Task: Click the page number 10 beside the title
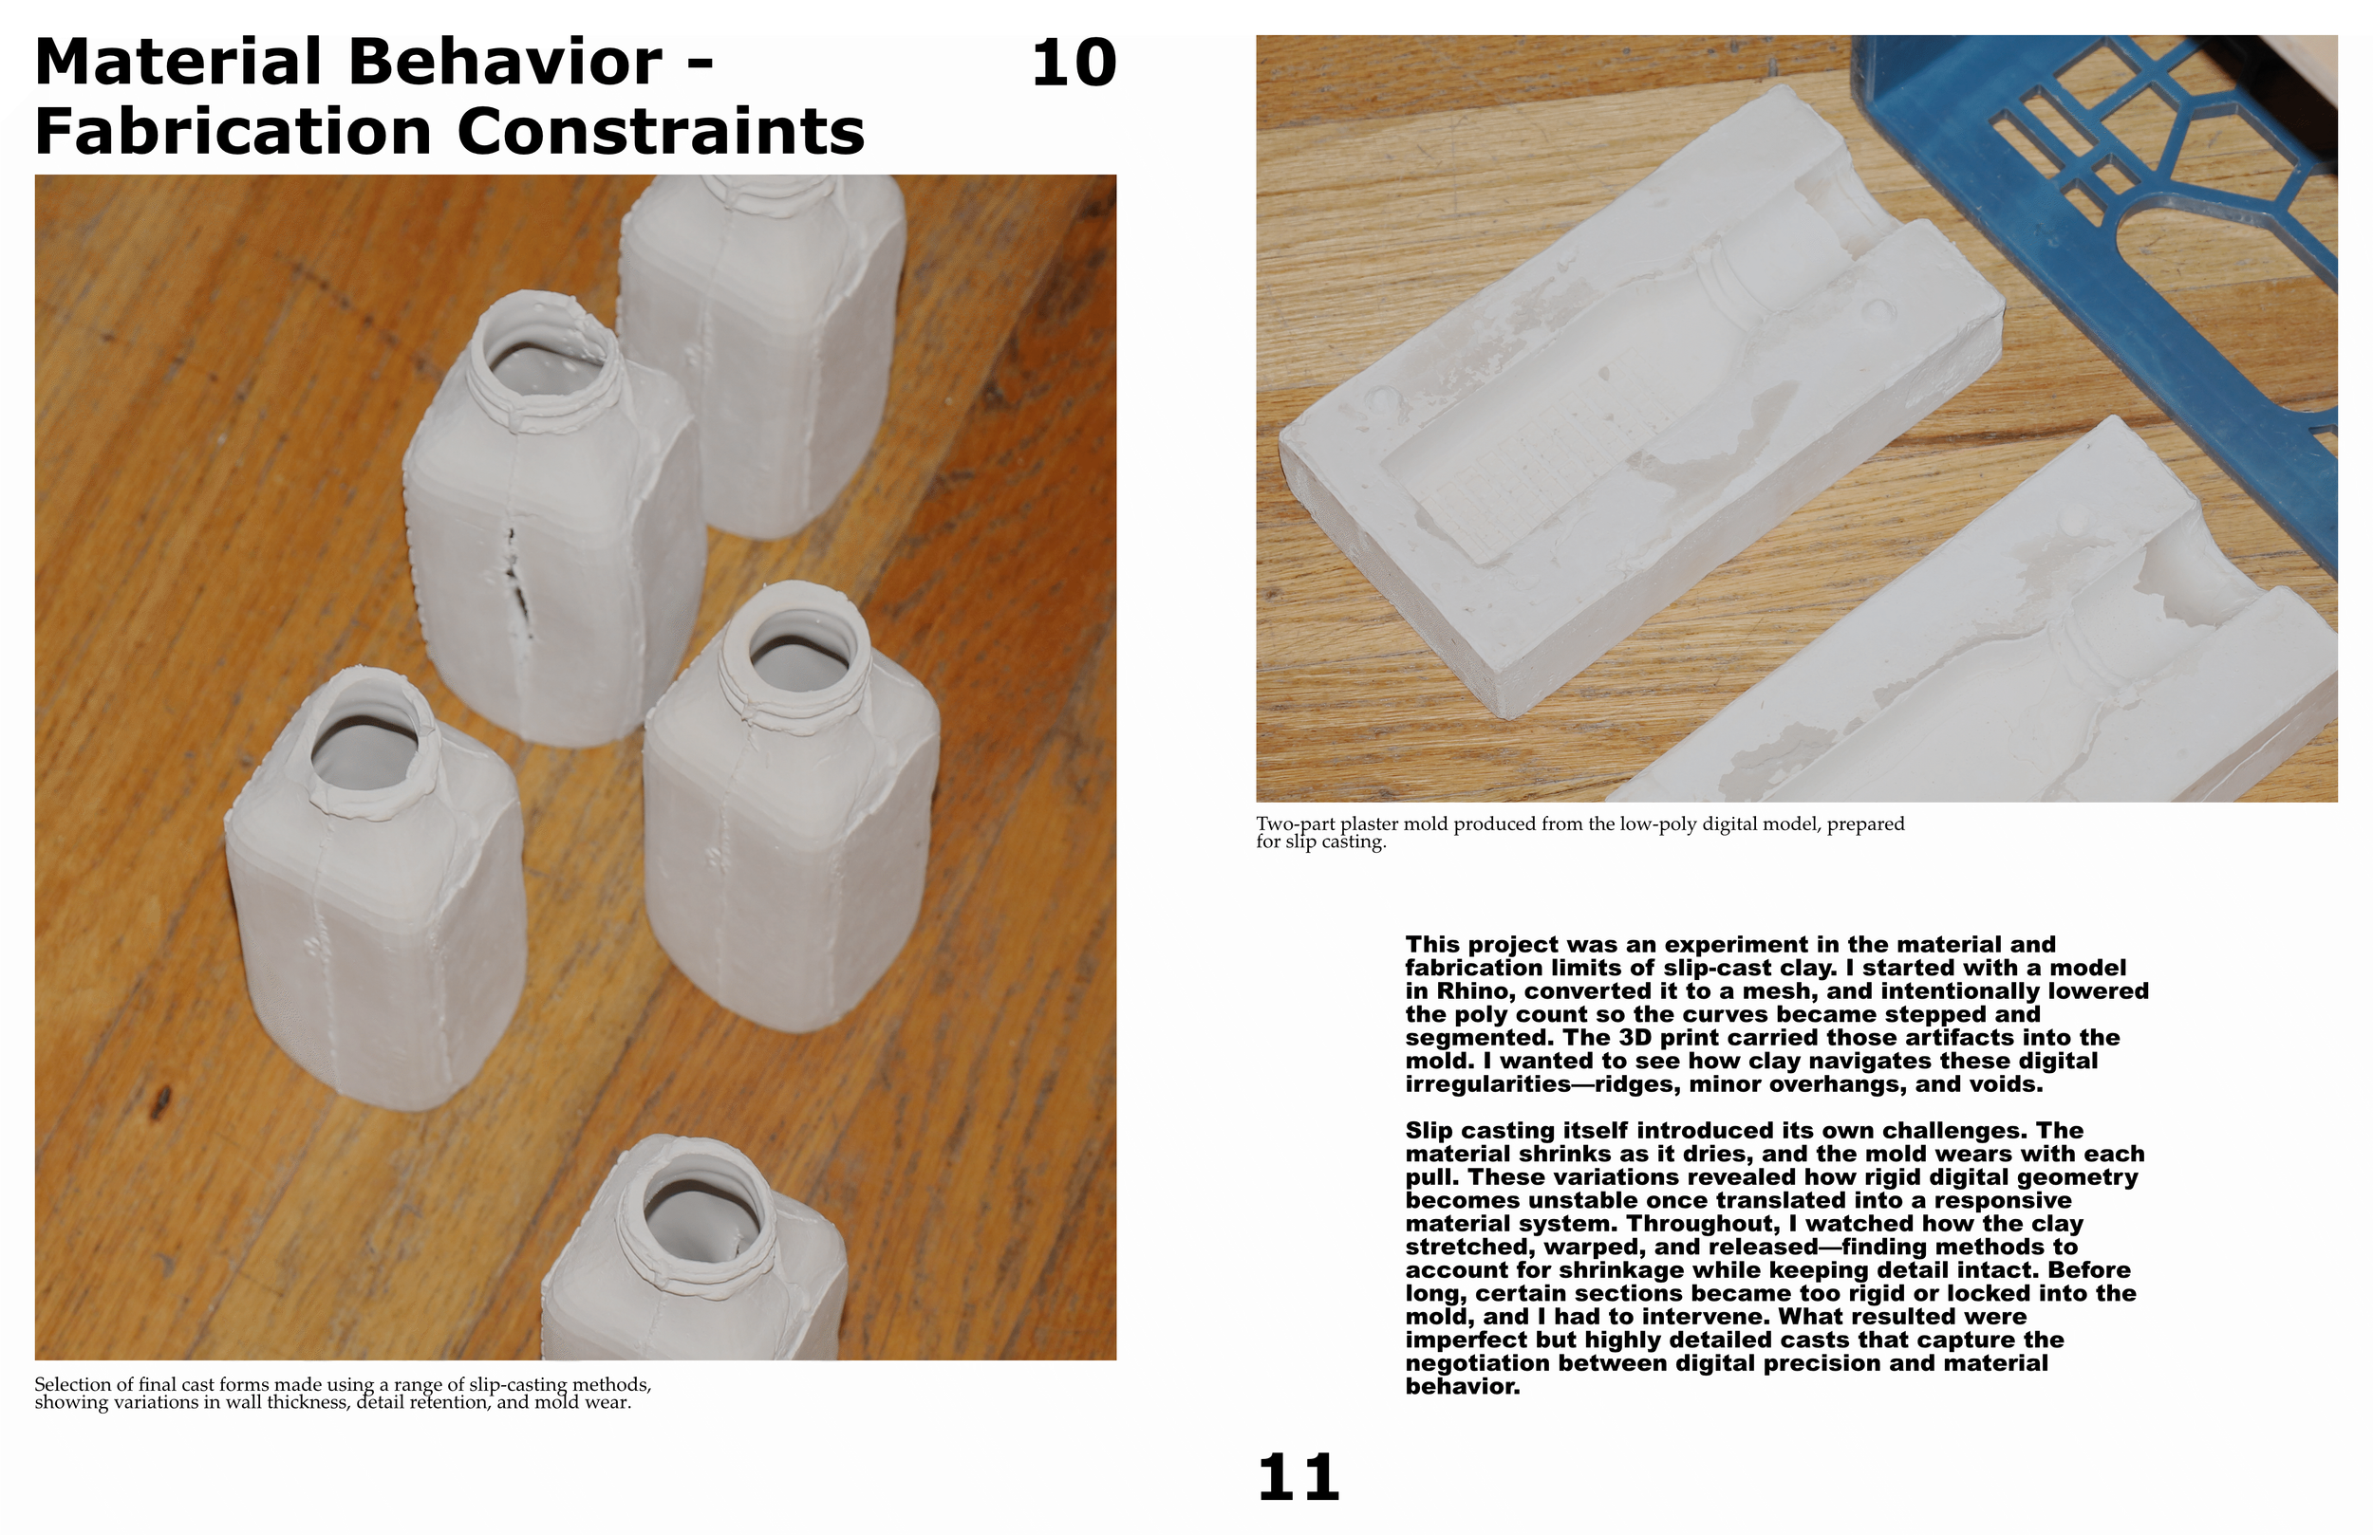click(x=1074, y=63)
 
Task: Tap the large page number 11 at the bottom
click(x=1299, y=1477)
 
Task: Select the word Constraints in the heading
click(x=660, y=132)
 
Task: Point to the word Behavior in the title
click(x=505, y=62)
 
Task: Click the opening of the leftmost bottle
click(x=364, y=750)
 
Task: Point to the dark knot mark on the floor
click(x=159, y=1100)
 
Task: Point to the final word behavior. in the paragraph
click(x=1463, y=1386)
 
